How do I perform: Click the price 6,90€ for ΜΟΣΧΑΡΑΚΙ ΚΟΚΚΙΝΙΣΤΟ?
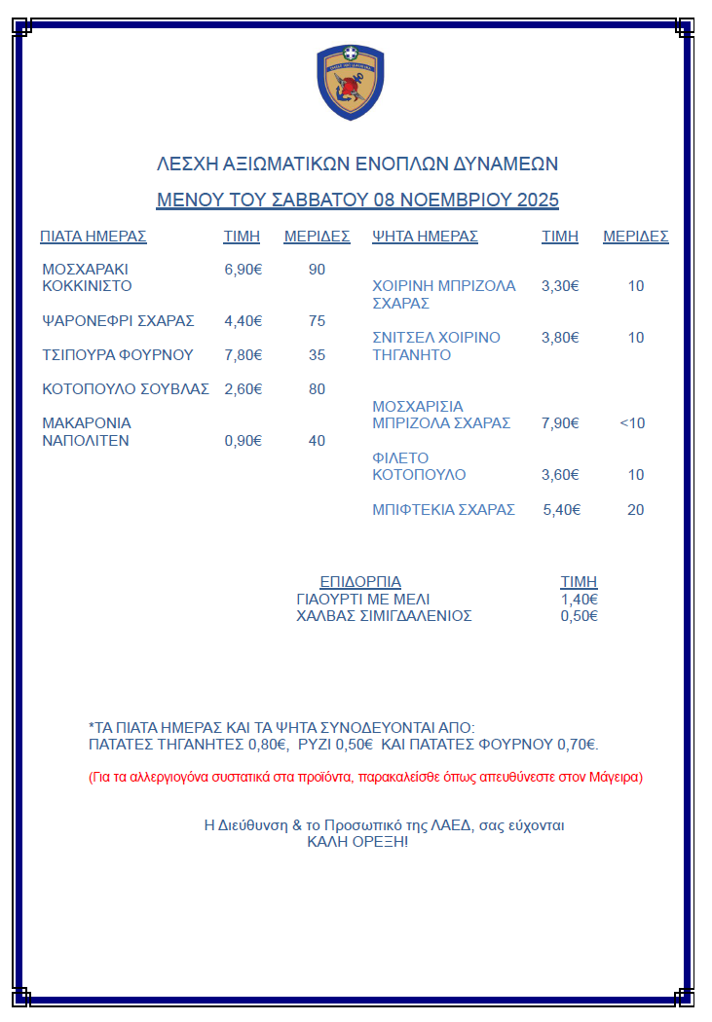point(244,269)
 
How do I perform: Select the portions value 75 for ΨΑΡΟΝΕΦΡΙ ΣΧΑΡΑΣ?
point(317,320)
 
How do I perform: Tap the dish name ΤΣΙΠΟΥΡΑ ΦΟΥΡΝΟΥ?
point(118,354)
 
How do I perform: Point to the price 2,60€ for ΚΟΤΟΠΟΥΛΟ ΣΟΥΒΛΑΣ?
point(244,388)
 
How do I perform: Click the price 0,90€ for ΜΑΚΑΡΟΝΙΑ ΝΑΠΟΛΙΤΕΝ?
point(244,440)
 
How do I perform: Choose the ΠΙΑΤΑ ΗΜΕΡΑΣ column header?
point(93,236)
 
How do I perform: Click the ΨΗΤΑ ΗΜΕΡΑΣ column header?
point(426,236)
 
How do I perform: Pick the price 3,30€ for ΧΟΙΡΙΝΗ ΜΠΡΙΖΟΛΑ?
point(560,286)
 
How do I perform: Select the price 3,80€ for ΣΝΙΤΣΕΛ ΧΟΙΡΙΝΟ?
point(560,338)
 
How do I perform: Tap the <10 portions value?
point(632,423)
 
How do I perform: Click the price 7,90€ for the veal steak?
point(560,423)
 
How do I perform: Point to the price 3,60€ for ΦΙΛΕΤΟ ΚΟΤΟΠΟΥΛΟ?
point(560,475)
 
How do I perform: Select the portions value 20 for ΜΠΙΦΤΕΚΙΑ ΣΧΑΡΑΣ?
point(635,509)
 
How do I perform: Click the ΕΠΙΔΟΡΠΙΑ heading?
point(360,581)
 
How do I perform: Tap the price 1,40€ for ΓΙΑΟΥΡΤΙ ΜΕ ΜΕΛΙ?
point(580,599)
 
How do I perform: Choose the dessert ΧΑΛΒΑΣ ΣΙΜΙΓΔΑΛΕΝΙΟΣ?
point(384,615)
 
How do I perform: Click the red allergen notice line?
point(365,777)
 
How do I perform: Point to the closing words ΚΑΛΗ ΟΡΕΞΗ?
point(357,841)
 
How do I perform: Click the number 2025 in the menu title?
point(538,201)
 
